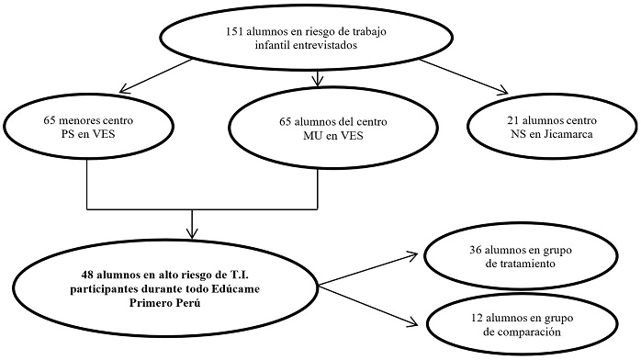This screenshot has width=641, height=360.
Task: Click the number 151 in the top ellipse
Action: point(236,32)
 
